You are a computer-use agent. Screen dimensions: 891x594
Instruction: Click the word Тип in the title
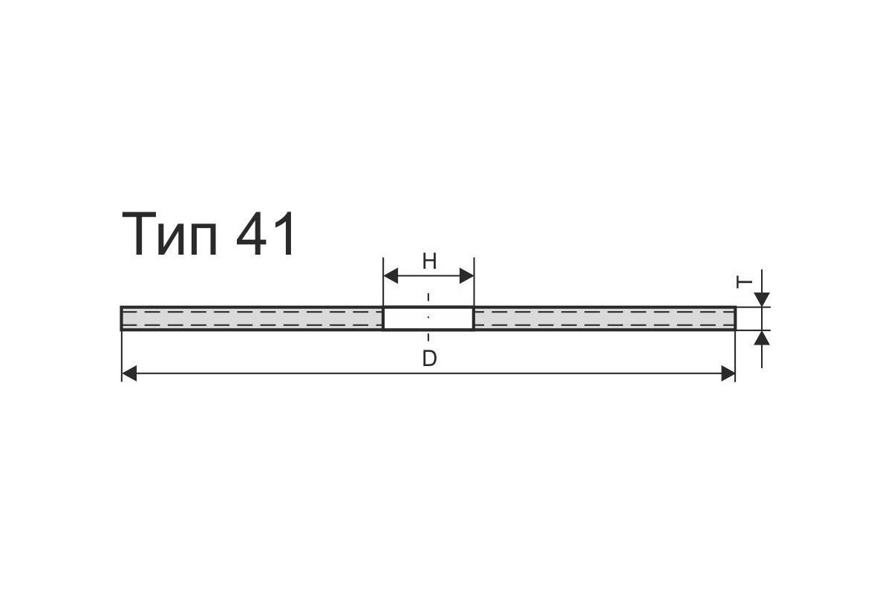(170, 235)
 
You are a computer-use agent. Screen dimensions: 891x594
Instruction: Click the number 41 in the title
(265, 234)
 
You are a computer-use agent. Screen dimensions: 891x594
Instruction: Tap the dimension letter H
(430, 262)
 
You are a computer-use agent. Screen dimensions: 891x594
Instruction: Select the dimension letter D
(430, 359)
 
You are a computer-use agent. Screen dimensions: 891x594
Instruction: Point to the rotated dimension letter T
(744, 282)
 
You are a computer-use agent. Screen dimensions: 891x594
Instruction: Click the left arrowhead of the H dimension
(391, 275)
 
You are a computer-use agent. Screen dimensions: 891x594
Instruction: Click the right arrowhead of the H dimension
(466, 275)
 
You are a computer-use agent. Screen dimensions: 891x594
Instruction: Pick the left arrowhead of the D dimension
(129, 373)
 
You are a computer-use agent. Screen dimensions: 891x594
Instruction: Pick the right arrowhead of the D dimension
(728, 373)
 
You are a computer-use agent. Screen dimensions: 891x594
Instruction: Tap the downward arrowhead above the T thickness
(762, 299)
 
